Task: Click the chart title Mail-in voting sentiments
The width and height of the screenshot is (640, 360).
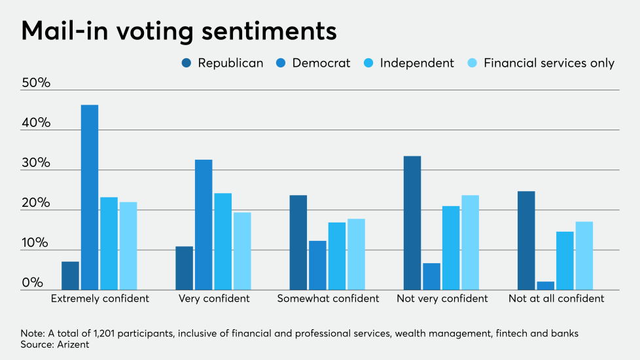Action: coord(179,31)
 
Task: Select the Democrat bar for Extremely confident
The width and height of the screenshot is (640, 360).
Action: coord(90,197)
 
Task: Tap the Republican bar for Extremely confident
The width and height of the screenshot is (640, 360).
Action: coord(71,276)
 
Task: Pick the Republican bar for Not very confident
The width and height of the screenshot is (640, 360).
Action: coord(412,223)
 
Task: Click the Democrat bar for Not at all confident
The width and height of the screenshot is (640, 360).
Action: coord(546,285)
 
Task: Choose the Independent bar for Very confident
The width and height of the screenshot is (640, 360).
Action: coord(222,242)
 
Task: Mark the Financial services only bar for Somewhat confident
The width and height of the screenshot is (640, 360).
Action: coord(356,254)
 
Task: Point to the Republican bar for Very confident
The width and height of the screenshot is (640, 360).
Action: coord(185,268)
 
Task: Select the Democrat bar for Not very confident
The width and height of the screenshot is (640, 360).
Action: coord(431,276)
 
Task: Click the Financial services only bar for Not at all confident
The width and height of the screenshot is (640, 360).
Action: coord(584,255)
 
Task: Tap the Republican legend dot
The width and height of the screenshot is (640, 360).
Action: coord(187,63)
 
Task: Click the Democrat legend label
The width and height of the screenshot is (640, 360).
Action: coord(321,63)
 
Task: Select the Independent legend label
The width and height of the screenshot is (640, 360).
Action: coord(416,63)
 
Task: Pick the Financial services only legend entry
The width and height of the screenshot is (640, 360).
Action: coord(548,63)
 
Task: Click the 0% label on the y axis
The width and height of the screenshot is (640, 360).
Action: coord(32,283)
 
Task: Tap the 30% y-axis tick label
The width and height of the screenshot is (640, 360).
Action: coord(37,163)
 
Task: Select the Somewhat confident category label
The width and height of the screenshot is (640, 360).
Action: coord(328,298)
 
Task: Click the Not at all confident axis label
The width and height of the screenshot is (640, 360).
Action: coord(556,298)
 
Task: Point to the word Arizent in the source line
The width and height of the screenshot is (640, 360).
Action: coord(73,344)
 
